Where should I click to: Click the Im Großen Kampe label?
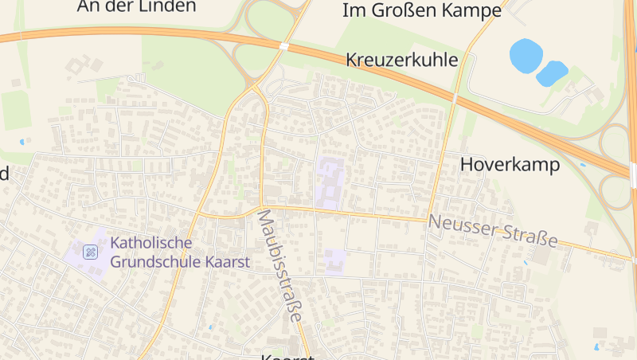point(421,10)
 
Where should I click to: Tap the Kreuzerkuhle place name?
point(402,60)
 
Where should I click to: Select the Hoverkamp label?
point(510,165)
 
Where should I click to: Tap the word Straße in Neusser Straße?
point(528,236)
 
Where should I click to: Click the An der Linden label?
point(137,6)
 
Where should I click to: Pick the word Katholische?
point(152,242)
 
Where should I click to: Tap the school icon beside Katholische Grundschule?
point(91,252)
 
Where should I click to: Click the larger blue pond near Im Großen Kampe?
point(526,54)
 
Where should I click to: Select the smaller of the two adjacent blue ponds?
point(552,73)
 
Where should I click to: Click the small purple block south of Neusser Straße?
point(334,260)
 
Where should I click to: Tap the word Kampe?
point(476,10)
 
